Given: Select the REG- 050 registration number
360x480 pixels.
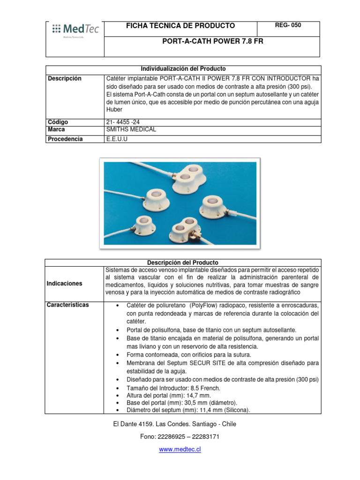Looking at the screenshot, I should pos(288,25).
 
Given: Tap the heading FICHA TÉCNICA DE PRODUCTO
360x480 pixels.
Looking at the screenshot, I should pos(180,26).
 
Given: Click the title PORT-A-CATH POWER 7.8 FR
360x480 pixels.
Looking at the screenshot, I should pos(212,41).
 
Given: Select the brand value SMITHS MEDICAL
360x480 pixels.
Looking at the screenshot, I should pos(131,129).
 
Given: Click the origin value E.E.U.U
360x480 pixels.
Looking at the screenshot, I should pos(117,139).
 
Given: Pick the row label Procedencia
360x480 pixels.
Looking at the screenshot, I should pos(65,139).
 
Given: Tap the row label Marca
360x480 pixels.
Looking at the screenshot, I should pos(57,129).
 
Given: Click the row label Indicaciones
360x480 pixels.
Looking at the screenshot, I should pos(65,284).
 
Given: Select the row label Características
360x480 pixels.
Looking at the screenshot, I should pos(68,305).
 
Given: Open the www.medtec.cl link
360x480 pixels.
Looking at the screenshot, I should pos(180,449).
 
